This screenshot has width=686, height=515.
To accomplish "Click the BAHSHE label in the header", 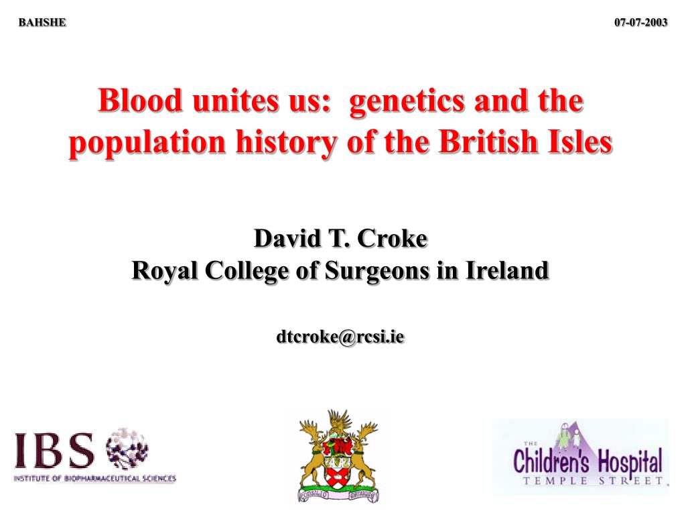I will pos(42,22).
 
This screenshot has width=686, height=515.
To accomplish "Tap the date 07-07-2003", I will pos(641,22).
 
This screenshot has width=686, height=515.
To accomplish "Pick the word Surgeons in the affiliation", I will pos(367,271).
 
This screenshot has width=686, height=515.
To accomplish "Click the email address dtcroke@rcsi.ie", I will pos(340,337).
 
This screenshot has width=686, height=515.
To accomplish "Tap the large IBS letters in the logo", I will pos(56,451).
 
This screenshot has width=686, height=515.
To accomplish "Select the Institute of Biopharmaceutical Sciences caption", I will pos(95,479).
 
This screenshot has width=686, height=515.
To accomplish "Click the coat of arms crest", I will pos(338,456).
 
